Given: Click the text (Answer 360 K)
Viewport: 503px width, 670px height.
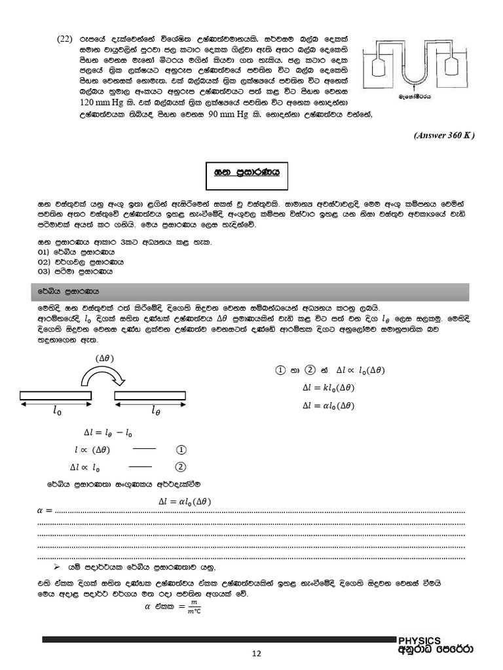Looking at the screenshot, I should point(443,135).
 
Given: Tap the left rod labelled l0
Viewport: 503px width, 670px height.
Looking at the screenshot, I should point(56,396).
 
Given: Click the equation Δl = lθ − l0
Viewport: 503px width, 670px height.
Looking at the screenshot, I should point(109,434).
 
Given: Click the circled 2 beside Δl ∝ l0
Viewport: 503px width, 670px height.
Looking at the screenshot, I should point(181,467).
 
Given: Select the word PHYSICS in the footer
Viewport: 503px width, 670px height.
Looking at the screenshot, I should point(420,641).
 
